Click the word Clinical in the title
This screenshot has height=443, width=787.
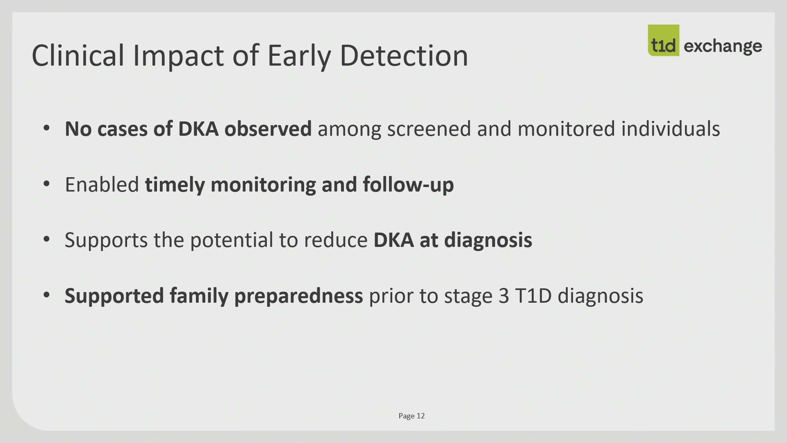(x=78, y=55)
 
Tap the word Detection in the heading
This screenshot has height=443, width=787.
(x=404, y=55)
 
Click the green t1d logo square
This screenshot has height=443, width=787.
(x=663, y=40)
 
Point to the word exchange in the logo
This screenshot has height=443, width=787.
(x=723, y=46)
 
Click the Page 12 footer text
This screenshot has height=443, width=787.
(x=412, y=416)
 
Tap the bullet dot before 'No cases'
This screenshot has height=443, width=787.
(x=46, y=128)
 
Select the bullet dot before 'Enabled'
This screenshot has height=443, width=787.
(x=46, y=184)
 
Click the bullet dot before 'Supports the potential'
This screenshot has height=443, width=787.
(x=46, y=240)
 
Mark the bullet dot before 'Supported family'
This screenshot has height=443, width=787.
(x=46, y=295)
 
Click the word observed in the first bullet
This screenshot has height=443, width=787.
(x=268, y=129)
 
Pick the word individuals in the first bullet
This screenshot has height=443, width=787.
(x=671, y=129)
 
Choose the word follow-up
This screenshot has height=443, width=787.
(x=408, y=185)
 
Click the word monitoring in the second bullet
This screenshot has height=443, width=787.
(x=263, y=185)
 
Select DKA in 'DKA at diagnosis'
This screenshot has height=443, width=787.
(x=393, y=240)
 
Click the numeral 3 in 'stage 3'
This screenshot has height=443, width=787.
(x=504, y=296)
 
